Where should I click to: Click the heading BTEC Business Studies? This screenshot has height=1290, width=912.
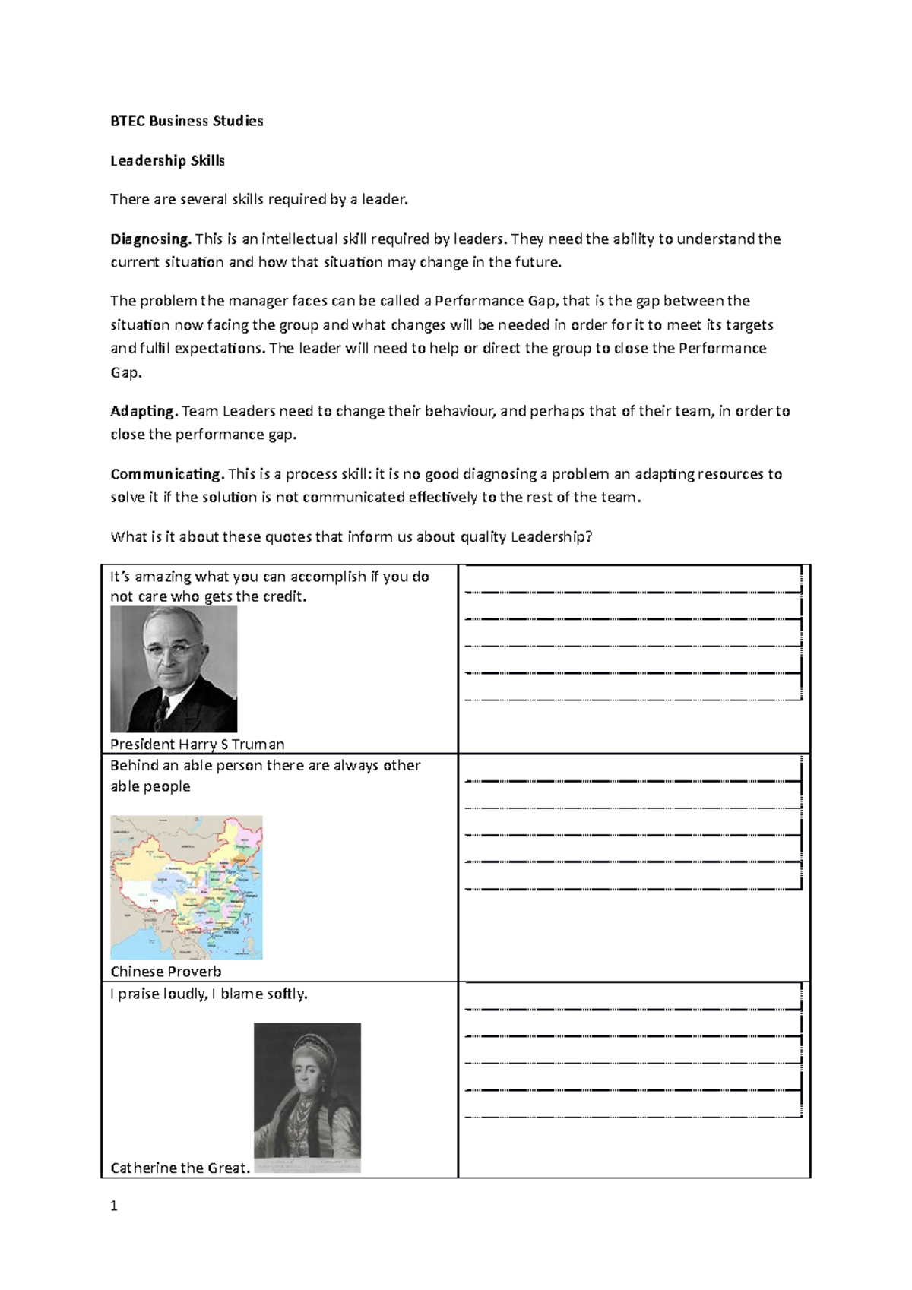[x=186, y=121]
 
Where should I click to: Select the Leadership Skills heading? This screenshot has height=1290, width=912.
[x=167, y=160]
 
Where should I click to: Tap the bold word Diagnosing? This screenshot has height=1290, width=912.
[x=150, y=239]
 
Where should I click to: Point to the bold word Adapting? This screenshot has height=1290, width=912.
[x=143, y=411]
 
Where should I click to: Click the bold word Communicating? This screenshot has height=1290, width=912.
[x=166, y=474]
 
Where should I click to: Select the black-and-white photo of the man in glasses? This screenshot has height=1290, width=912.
[x=173, y=669]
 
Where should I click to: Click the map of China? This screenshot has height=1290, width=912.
[x=186, y=887]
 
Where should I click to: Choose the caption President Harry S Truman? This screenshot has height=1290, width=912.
[x=198, y=745]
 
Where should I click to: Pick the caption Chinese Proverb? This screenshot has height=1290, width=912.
[x=166, y=972]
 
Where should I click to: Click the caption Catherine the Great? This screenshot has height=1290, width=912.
[x=179, y=1168]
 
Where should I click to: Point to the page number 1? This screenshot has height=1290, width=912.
[x=114, y=1206]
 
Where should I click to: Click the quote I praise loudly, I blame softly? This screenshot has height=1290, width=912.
[x=209, y=994]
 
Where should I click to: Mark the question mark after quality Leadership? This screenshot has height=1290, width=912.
[x=588, y=537]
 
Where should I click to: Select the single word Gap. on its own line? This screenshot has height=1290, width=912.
[x=126, y=372]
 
